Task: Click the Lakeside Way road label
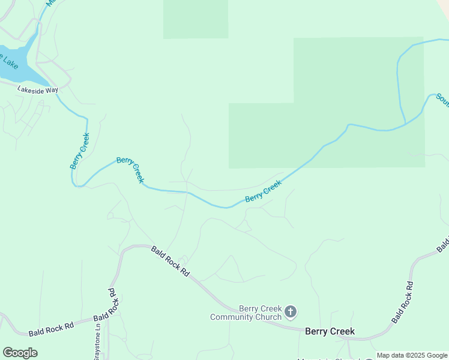coord(38,89)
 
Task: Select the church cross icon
coord(291,311)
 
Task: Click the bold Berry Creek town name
coord(330,331)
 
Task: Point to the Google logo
coord(20,353)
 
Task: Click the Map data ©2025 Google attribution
coord(412,355)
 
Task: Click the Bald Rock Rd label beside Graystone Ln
coord(112,304)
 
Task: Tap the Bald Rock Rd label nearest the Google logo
coord(52,329)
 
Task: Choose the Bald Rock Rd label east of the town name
coord(402,302)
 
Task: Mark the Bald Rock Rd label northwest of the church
coord(170,261)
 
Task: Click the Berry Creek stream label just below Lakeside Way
coord(80,151)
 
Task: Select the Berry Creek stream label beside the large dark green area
coord(263,191)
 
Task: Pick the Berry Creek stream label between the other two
coord(130,170)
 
